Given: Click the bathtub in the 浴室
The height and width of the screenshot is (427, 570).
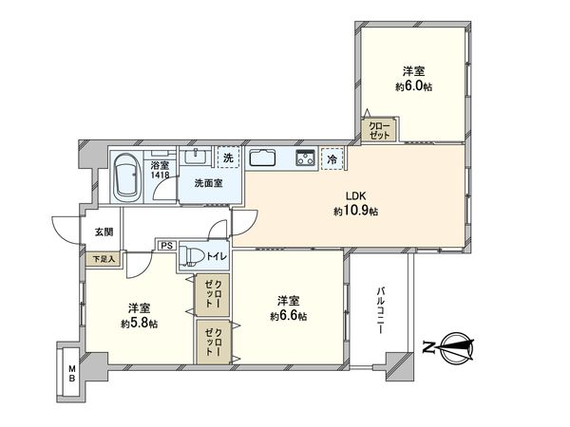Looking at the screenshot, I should point(127,178).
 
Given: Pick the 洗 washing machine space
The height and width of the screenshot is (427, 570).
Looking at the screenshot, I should point(228,158).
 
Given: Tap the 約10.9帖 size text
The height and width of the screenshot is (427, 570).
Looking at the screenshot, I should point(356,213).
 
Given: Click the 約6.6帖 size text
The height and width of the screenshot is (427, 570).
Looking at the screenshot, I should point(287,316).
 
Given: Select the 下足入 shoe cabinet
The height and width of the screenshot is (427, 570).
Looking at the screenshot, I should point(102,257).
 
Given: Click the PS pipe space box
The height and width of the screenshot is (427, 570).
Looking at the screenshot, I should point(165,246).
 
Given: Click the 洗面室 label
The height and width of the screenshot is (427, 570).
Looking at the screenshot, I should point(208,182).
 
